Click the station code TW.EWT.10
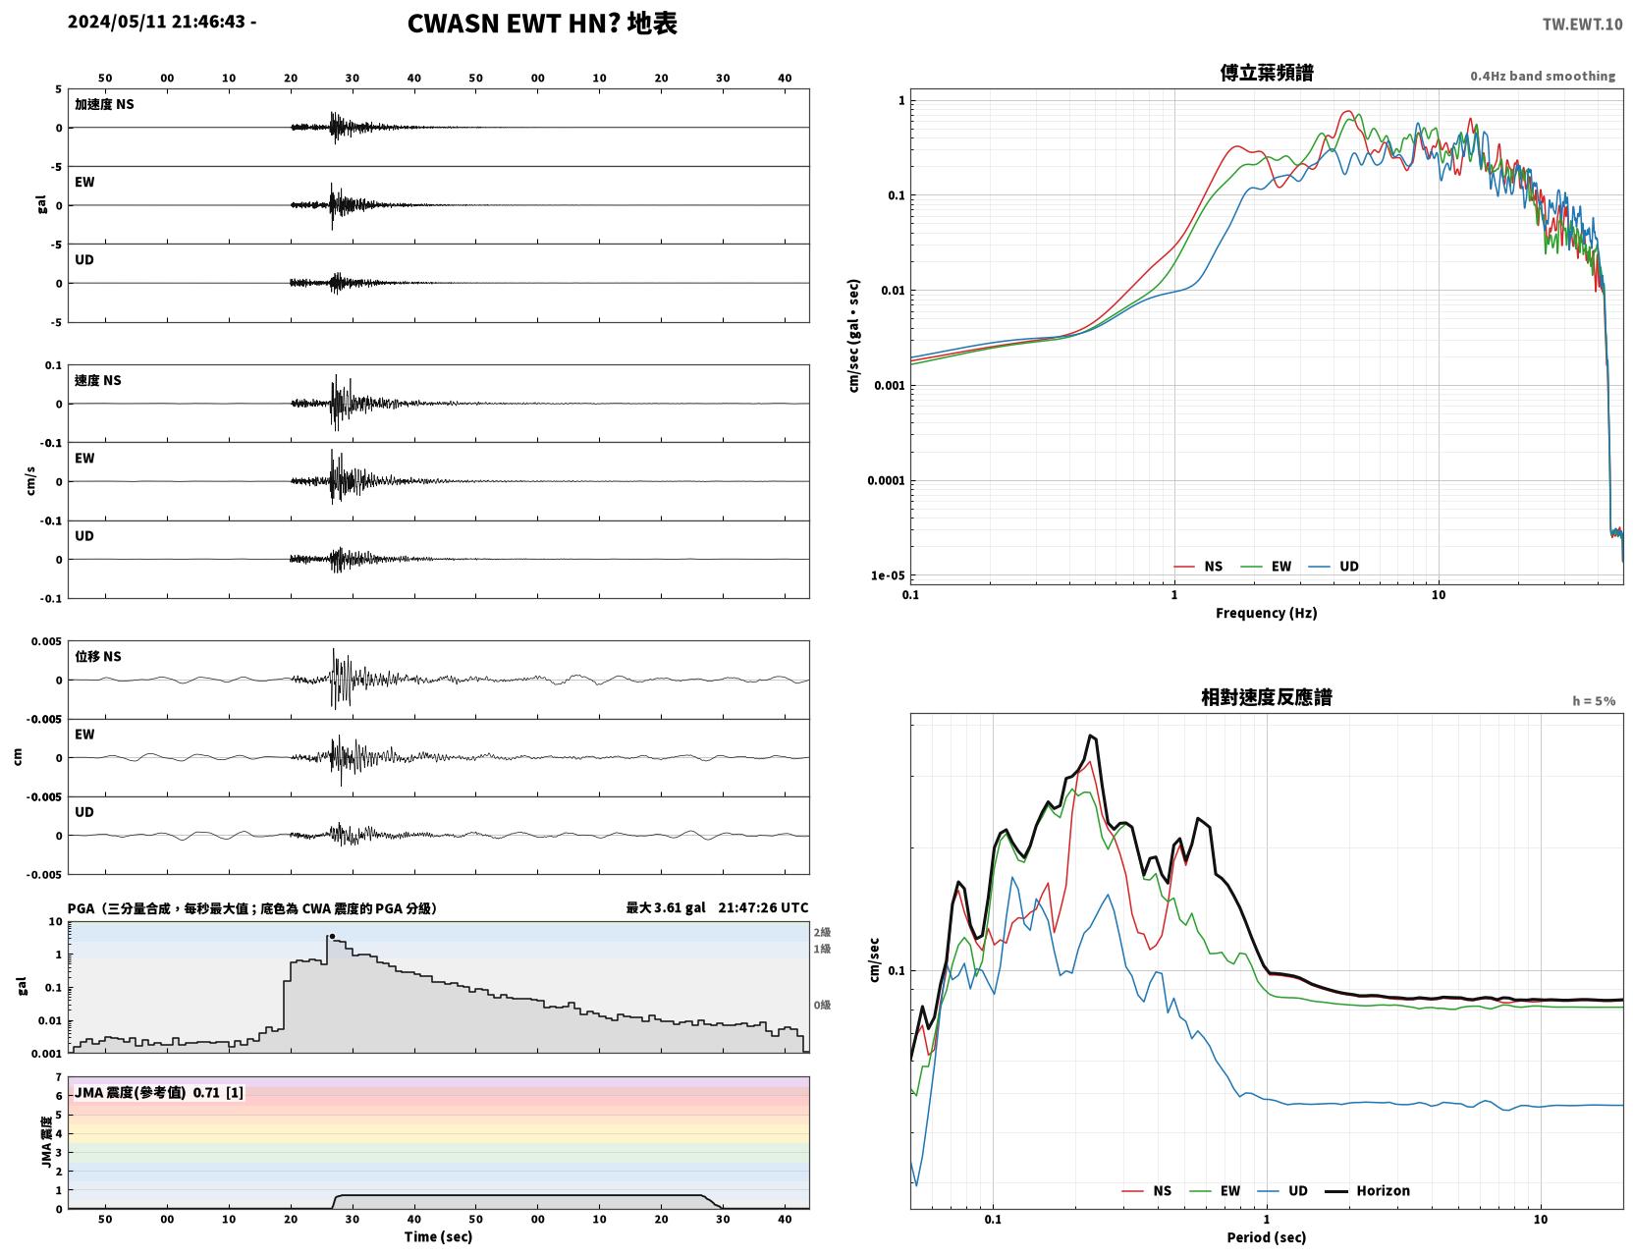click(1582, 24)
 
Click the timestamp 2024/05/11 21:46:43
click(156, 22)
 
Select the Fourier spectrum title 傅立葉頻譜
click(1267, 73)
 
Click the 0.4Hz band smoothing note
click(1542, 76)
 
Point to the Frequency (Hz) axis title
click(1267, 613)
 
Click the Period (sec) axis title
click(1267, 1237)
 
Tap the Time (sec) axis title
click(438, 1236)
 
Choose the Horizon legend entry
click(1368, 1190)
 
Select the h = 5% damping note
click(1593, 701)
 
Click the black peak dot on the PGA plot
click(332, 937)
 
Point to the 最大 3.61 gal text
click(666, 907)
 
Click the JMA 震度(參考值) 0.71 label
click(147, 1092)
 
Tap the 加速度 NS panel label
click(104, 104)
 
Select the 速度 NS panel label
click(97, 380)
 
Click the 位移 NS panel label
click(97, 657)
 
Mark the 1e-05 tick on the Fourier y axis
click(888, 576)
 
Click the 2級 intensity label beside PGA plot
click(822, 932)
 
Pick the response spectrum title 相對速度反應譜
click(1267, 698)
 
